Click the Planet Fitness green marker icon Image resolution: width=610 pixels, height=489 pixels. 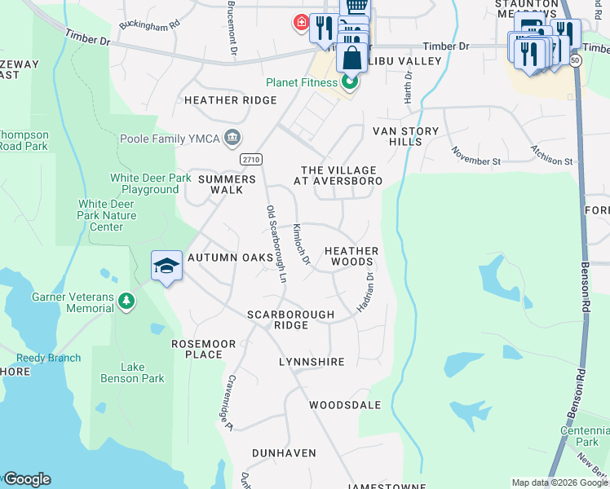[x=350, y=83]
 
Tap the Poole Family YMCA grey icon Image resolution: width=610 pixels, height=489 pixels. [x=233, y=137]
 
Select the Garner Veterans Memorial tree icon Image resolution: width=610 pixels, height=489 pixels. [x=126, y=302]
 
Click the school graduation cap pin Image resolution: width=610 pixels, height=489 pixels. [x=166, y=267]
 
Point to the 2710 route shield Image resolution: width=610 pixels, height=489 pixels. [x=252, y=160]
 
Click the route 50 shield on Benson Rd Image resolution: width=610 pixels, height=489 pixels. [x=576, y=62]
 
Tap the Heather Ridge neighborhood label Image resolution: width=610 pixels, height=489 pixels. [x=231, y=101]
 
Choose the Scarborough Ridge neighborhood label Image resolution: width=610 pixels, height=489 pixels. [x=291, y=319]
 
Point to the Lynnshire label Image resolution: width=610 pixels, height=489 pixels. [x=312, y=361]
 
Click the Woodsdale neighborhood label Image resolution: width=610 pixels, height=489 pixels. [x=345, y=405]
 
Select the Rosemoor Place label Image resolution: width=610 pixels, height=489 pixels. [x=197, y=349]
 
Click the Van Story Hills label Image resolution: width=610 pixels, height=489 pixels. [x=405, y=136]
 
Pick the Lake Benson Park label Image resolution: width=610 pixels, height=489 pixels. [x=131, y=372]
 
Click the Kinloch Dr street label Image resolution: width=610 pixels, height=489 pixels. [x=302, y=244]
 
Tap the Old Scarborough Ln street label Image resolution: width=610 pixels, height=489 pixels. [x=276, y=244]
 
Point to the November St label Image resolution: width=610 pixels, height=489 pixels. [x=475, y=156]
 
